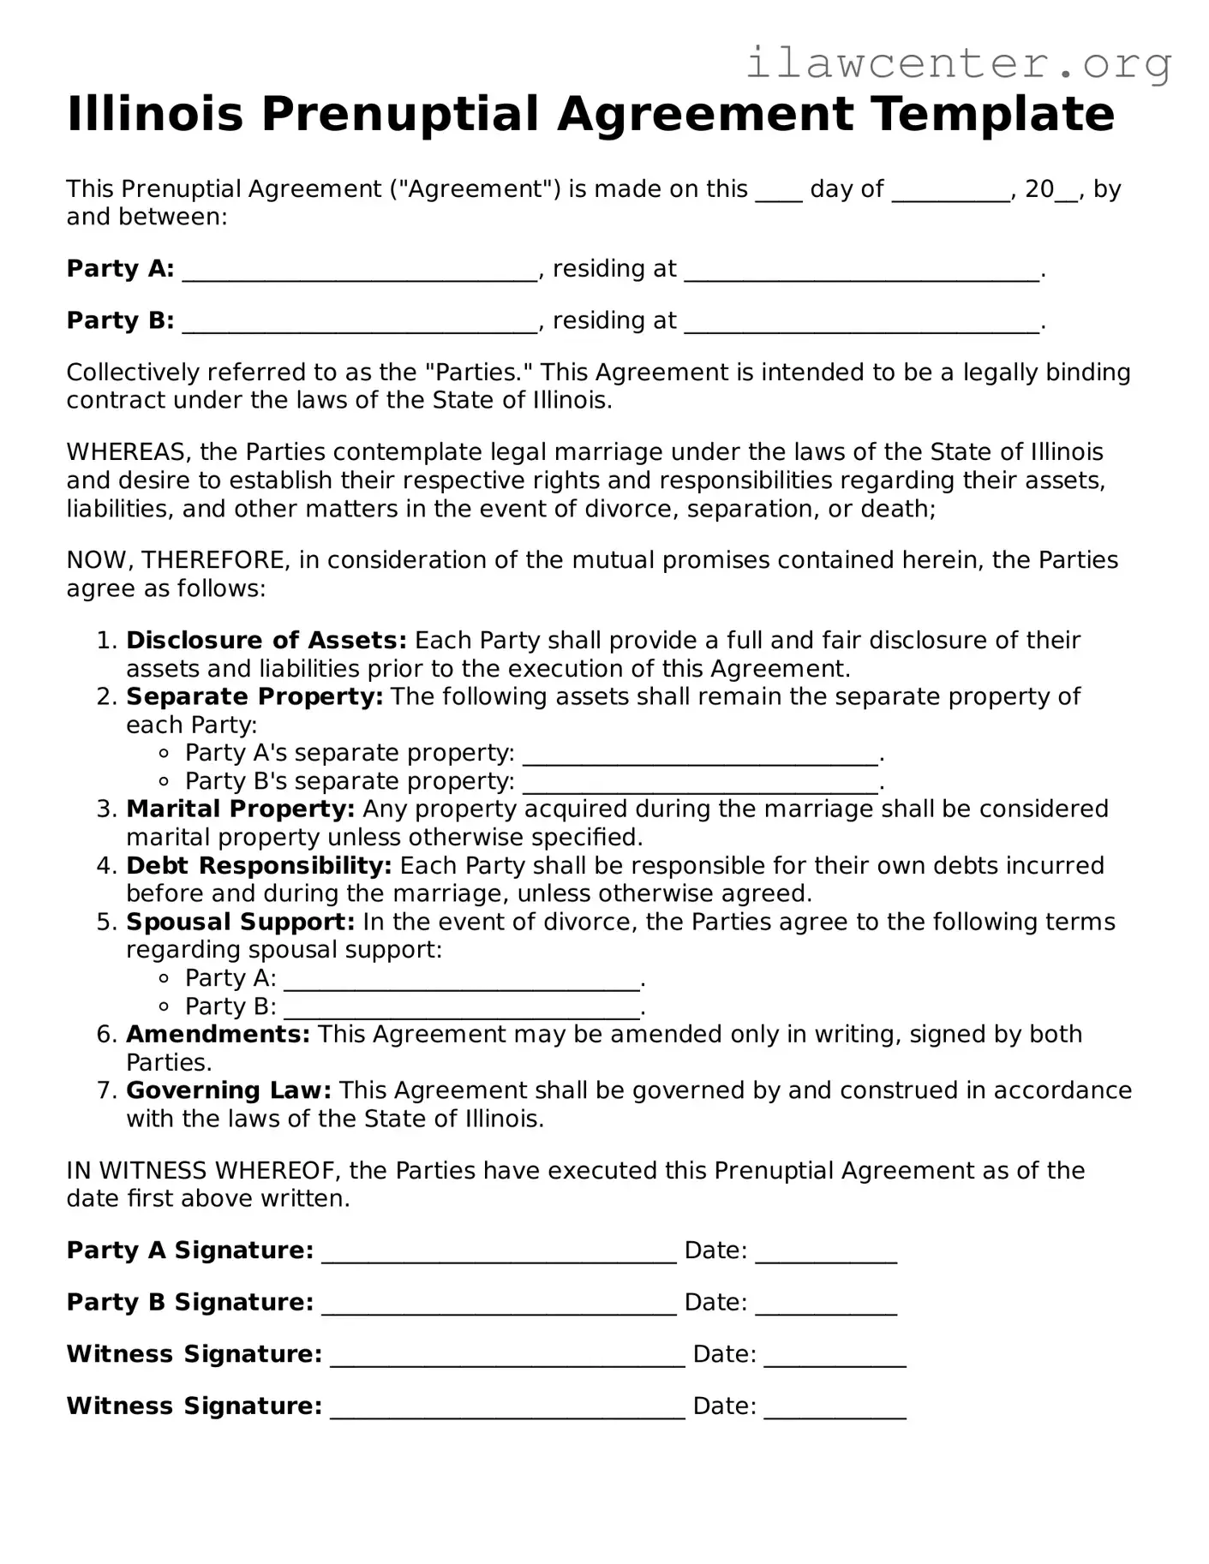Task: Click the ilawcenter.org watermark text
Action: (958, 62)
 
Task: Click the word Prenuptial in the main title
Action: (401, 114)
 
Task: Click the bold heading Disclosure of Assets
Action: (266, 641)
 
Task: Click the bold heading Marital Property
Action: (240, 809)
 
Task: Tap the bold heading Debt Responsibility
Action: (259, 866)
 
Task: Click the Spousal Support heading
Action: (240, 922)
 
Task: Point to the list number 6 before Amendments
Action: (105, 1035)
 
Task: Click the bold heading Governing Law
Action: (228, 1091)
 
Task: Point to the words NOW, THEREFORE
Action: (177, 561)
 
